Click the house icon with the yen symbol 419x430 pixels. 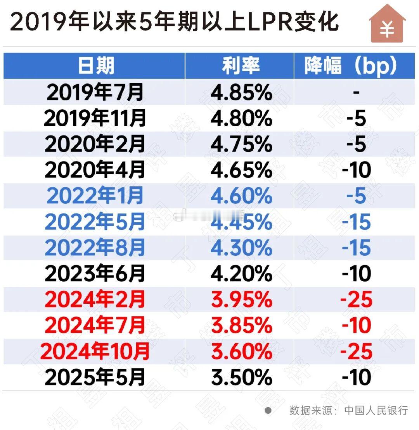[x=387, y=24]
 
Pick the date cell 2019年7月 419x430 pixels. [x=95, y=92]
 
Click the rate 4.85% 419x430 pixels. [x=241, y=92]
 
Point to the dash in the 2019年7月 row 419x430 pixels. [x=356, y=92]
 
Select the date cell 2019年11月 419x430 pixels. [x=95, y=118]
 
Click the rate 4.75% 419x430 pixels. [x=241, y=144]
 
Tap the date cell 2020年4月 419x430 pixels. [x=95, y=170]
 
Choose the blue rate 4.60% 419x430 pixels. [x=241, y=196]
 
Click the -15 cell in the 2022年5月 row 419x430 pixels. [x=356, y=222]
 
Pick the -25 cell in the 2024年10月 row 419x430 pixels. [x=356, y=352]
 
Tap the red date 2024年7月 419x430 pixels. [x=95, y=326]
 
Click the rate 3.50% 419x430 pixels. [x=241, y=378]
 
